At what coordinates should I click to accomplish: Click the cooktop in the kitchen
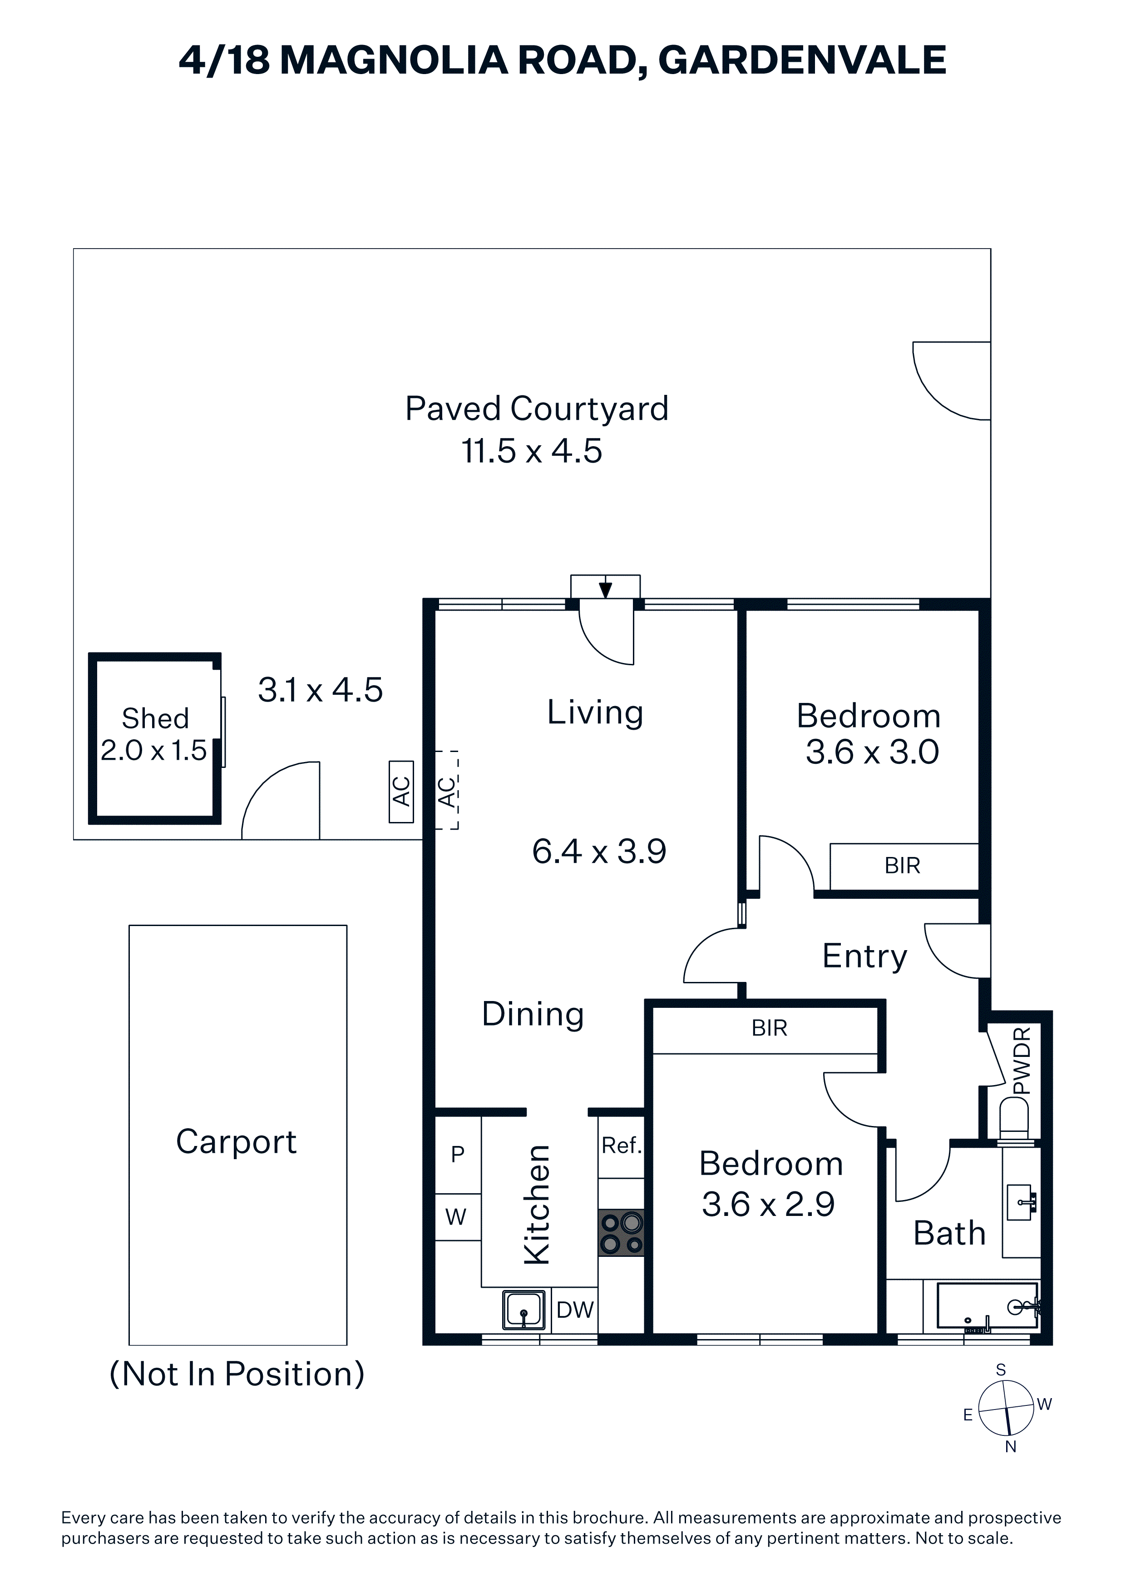(621, 1233)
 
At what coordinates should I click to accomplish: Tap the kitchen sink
(524, 1310)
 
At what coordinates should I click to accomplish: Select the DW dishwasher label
(575, 1310)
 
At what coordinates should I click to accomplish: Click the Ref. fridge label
(622, 1146)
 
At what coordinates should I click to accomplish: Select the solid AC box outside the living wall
(401, 792)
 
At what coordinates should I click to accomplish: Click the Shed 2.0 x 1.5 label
(154, 734)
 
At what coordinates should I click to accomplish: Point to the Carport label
(236, 1142)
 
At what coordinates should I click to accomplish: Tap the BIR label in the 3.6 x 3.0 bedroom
(902, 866)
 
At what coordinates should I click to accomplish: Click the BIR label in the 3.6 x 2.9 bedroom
(770, 1028)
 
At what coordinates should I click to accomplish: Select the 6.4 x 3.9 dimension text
(599, 851)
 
